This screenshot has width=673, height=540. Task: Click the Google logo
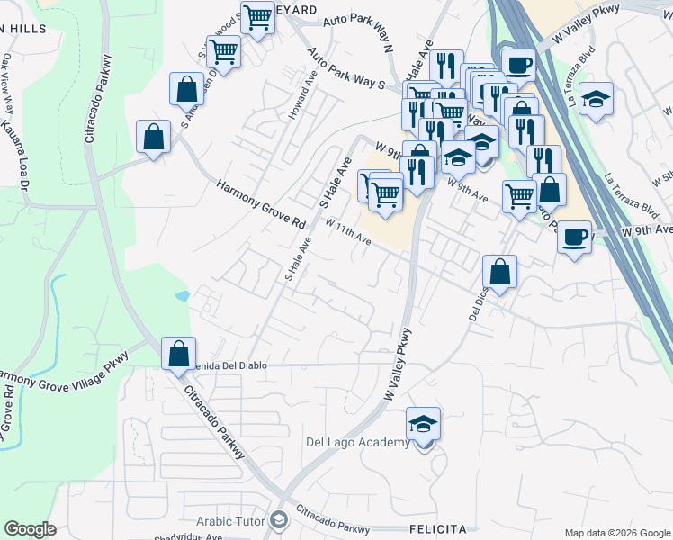tap(30, 529)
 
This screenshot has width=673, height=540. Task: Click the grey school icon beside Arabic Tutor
tap(279, 519)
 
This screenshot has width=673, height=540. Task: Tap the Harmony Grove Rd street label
tap(262, 204)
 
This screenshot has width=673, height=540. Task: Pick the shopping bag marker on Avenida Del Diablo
tap(179, 352)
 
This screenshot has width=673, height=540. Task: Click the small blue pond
tap(183, 295)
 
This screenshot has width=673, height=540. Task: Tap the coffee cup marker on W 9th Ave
tap(575, 238)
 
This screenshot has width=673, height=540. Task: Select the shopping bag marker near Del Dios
tap(499, 272)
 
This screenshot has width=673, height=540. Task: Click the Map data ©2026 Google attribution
tap(617, 533)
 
